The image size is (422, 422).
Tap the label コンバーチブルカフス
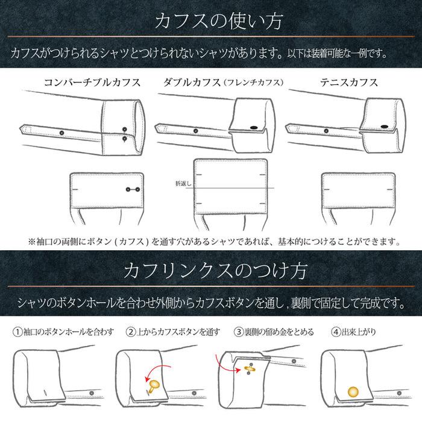(92, 82)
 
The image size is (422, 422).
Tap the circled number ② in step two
(130, 332)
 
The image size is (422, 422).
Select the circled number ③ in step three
(239, 332)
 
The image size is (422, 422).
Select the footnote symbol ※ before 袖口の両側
(32, 242)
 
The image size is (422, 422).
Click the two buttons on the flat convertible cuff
(132, 190)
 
